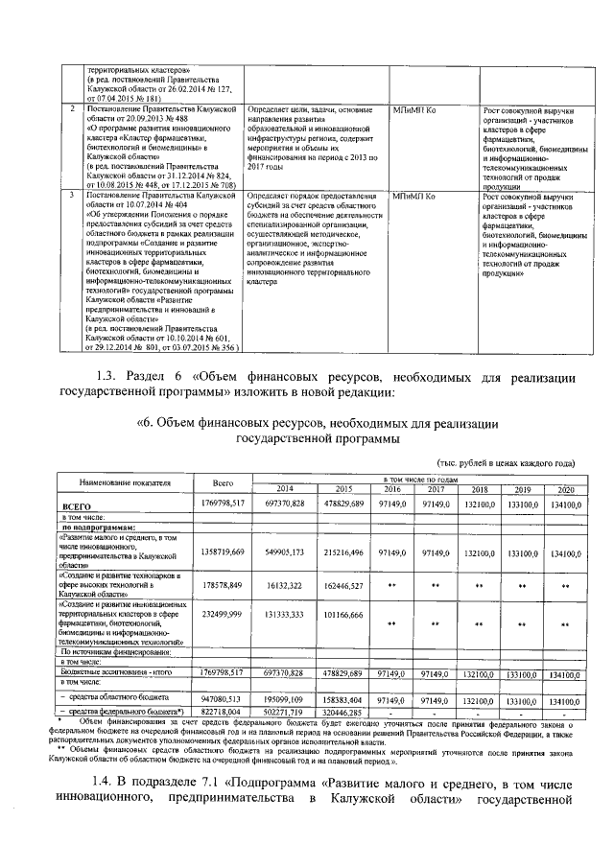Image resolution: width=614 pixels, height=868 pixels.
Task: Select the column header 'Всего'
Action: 224,481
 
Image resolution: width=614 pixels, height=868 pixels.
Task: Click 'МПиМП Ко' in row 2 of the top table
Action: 414,110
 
